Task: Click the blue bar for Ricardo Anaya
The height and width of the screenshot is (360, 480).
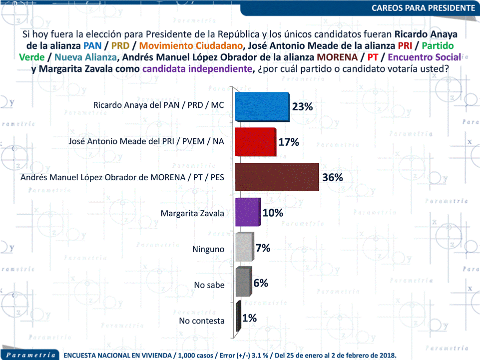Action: [x=262, y=107]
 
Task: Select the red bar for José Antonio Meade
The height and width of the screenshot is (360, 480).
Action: [x=255, y=142]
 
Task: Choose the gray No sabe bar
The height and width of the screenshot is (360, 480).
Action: [x=243, y=283]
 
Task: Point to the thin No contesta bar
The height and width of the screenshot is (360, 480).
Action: [x=238, y=318]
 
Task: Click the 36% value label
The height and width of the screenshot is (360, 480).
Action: [x=332, y=178]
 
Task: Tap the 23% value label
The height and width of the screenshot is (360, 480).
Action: [x=302, y=107]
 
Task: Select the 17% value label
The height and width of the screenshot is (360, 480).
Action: [x=289, y=142]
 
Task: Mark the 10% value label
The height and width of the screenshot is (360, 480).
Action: [x=273, y=213]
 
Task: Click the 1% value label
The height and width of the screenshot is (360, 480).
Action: [x=249, y=318]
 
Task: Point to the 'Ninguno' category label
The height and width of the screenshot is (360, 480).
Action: [x=208, y=249]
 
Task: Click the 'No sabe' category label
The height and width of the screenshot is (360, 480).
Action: [x=209, y=285]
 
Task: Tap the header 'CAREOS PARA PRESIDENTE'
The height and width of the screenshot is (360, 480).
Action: [x=423, y=8]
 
